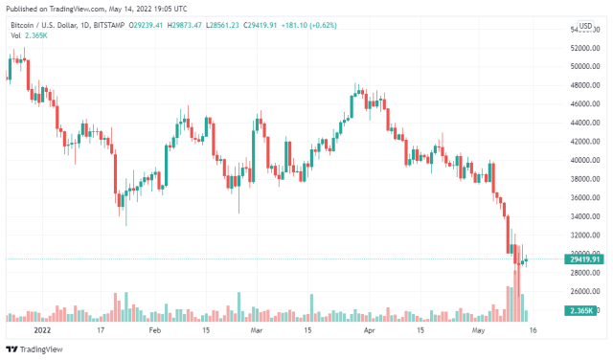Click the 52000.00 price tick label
[585, 48]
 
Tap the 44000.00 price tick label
[585, 123]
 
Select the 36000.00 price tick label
[585, 197]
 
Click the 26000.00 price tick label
[585, 291]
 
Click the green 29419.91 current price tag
[583, 259]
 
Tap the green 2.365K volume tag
[582, 310]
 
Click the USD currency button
[584, 25]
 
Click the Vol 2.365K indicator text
[29, 36]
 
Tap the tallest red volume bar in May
[510, 291]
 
